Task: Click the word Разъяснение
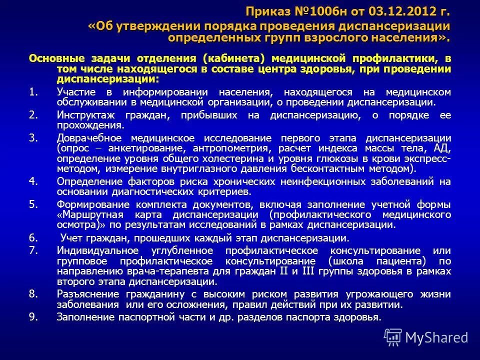[88, 294]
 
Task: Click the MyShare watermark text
[436, 337]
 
